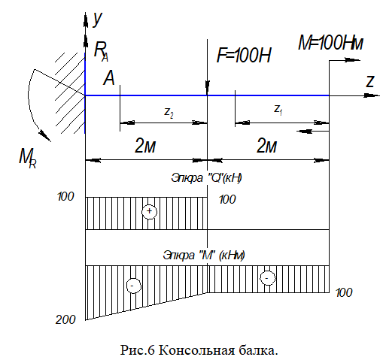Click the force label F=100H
(244, 55)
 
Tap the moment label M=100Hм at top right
(330, 43)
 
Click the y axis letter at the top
(97, 20)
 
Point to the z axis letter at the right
(369, 81)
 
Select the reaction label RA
(101, 51)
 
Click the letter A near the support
(109, 78)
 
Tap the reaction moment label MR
(28, 159)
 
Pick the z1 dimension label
(278, 110)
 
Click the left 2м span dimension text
(145, 146)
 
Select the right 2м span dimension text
(266, 146)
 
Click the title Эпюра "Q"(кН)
(206, 178)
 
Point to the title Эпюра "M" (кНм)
(204, 256)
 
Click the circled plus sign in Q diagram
(149, 211)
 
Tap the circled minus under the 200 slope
(134, 286)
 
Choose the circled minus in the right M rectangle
(267, 278)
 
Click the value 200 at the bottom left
(65, 320)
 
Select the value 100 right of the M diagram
(344, 292)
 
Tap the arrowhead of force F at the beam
(207, 88)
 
